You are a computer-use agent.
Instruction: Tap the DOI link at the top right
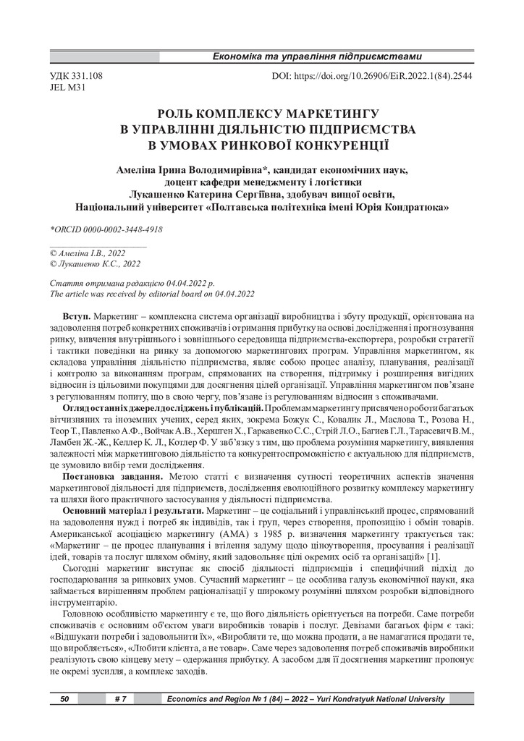click(372, 75)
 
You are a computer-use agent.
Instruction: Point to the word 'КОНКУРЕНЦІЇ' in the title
click(335, 143)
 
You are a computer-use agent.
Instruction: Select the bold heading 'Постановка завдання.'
click(115, 457)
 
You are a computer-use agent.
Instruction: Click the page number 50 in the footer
click(64, 699)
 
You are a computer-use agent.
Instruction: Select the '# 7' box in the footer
click(121, 699)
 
